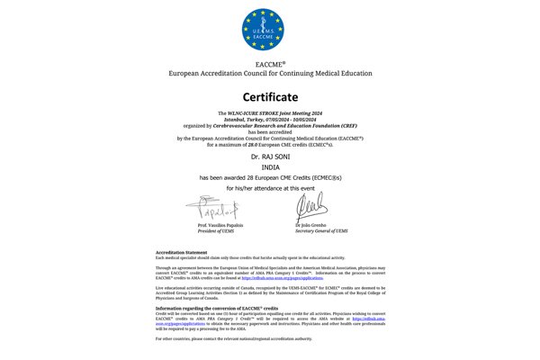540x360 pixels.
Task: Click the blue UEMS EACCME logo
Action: (x=271, y=28)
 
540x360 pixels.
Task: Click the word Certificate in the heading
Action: (x=271, y=95)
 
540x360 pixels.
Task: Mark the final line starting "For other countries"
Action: (x=234, y=337)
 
